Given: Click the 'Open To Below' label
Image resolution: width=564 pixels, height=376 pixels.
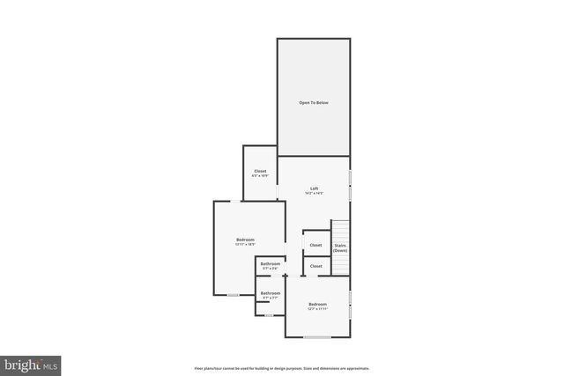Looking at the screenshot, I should (x=314, y=103).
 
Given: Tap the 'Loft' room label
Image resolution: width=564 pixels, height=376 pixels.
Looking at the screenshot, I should (x=314, y=188).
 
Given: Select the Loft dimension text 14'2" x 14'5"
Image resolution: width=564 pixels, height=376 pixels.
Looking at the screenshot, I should (x=314, y=194).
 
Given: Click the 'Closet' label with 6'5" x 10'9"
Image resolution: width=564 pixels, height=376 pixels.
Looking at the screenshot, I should (x=260, y=171).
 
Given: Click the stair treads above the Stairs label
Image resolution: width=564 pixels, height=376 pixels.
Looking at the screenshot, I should (x=340, y=227).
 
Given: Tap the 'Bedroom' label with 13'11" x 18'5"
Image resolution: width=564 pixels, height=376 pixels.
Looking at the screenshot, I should (x=245, y=240).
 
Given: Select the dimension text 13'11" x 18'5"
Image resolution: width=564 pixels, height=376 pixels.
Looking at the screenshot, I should (x=245, y=245).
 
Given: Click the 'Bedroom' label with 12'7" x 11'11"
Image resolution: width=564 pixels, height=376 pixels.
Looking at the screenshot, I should (x=317, y=304).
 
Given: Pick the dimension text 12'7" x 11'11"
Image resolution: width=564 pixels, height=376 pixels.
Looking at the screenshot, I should (x=317, y=309).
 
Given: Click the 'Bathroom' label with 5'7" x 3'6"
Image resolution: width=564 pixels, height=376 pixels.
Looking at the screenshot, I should (x=271, y=264).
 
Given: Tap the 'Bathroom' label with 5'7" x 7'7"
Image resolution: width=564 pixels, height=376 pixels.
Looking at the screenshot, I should (x=271, y=293).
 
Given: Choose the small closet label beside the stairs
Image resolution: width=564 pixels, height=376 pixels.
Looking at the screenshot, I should (x=315, y=246).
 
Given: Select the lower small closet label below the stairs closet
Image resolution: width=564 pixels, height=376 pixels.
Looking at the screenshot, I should (x=315, y=266).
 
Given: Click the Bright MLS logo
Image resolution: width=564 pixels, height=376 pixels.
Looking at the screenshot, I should (x=31, y=363).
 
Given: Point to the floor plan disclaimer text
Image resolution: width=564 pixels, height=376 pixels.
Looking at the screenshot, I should (x=281, y=368).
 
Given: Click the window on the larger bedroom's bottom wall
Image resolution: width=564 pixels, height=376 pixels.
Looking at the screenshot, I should (x=234, y=295).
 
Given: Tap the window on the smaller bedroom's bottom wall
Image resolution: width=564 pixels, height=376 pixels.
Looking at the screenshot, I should (x=317, y=336).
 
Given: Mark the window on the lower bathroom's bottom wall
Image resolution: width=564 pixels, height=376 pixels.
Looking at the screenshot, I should (x=269, y=314).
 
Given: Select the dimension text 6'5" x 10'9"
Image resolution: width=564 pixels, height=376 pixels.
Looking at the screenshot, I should (x=260, y=176).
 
